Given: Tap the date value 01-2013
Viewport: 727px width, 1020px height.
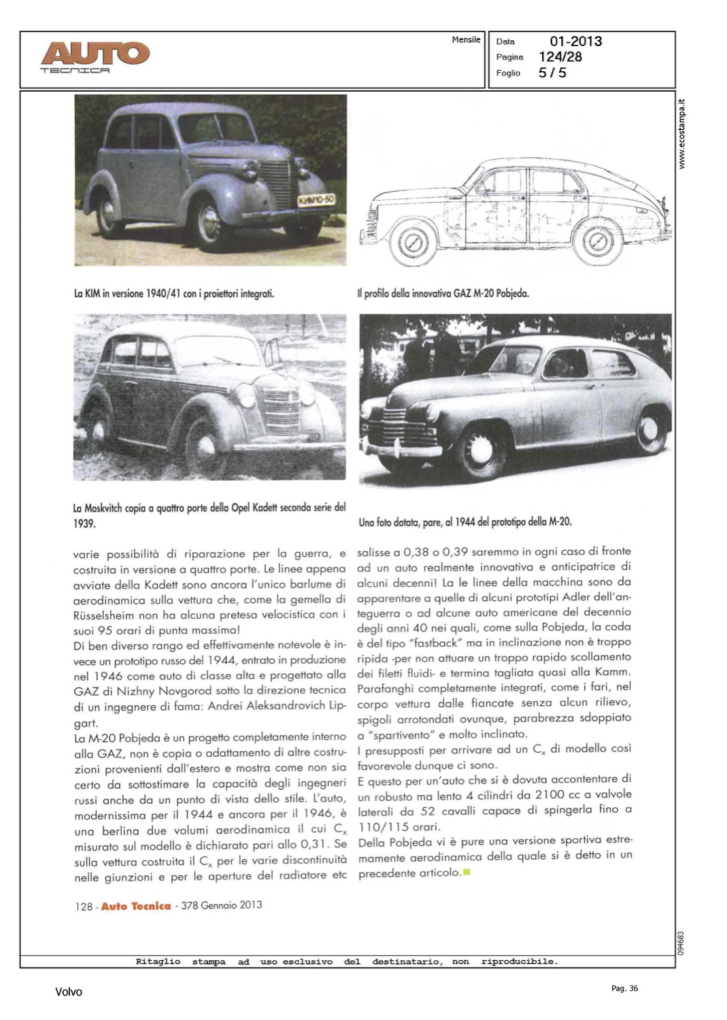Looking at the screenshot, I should point(575,41).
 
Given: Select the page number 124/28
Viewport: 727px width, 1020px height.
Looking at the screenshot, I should point(560,57).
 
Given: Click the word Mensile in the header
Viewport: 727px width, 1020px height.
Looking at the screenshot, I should point(466,40).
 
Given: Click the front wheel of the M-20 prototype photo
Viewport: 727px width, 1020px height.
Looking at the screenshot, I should point(480,449).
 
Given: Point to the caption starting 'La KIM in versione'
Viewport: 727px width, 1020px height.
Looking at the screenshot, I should point(173,294).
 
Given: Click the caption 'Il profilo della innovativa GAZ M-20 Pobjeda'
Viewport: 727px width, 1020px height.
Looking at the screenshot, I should point(443,294).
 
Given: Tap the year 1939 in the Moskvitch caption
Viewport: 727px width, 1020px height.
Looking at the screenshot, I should point(84,524).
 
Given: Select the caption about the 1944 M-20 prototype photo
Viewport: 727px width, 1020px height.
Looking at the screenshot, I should point(464,522).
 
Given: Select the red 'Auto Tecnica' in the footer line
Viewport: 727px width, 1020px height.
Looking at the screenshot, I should point(136,906).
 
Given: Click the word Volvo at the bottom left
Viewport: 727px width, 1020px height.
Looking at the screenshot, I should point(68,992).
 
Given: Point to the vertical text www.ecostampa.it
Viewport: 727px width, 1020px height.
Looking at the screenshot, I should point(683,134).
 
